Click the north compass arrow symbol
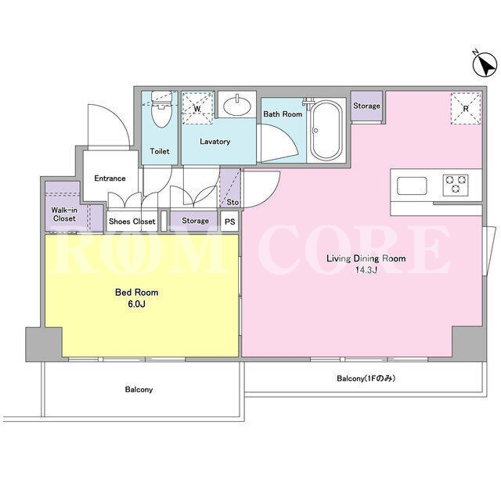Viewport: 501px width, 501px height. [x=485, y=63]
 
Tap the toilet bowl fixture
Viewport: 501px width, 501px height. [x=161, y=109]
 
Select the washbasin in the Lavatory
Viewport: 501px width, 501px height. [x=236, y=106]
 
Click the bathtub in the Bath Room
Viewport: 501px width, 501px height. [x=326, y=131]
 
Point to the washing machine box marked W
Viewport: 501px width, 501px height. [x=197, y=108]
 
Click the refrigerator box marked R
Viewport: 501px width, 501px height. [x=466, y=108]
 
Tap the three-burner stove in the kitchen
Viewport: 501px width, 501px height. [x=456, y=185]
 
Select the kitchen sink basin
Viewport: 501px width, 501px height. [x=412, y=186]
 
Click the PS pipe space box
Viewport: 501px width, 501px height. [x=229, y=221]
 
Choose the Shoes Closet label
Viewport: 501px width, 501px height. [x=132, y=221]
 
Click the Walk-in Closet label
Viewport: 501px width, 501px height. [x=64, y=214]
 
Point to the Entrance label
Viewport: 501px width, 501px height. [x=110, y=178]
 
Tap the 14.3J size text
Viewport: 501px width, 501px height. [x=366, y=270]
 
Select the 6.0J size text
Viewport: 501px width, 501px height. [x=136, y=304]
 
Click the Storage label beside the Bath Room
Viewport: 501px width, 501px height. [x=366, y=106]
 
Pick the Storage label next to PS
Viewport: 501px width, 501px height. [x=195, y=221]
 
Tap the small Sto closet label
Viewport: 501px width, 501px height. [x=232, y=202]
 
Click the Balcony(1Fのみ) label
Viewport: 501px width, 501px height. [x=366, y=378]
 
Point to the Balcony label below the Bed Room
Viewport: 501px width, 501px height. [x=139, y=390]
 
